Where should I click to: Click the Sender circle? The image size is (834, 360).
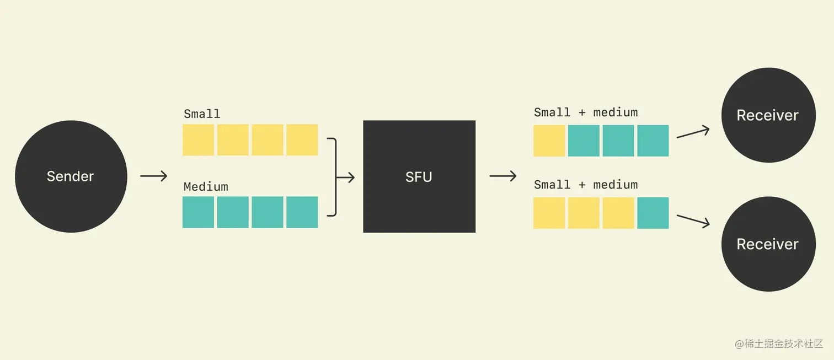(x=71, y=176)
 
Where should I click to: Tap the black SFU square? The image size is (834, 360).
(x=419, y=176)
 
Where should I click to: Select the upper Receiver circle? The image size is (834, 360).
(x=768, y=115)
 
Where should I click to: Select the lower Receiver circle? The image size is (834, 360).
(x=768, y=244)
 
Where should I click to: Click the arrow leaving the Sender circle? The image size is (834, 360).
(x=153, y=176)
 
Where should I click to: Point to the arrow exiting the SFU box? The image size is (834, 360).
(x=502, y=176)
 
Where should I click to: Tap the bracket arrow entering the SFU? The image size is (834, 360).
(x=341, y=177)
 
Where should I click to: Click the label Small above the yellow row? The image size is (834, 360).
(x=202, y=114)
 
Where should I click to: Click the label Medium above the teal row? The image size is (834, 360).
(x=206, y=186)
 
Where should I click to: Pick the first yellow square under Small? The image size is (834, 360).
(x=199, y=140)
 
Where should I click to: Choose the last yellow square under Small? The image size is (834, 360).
(x=302, y=140)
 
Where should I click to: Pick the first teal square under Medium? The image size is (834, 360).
(x=199, y=212)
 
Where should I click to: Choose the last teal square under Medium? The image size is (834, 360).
(x=302, y=212)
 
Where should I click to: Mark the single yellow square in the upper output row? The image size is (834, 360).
(x=549, y=141)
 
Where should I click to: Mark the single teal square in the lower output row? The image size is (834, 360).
(x=653, y=213)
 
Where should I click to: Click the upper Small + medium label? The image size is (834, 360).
(x=586, y=112)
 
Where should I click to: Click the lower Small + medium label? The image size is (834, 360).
(x=586, y=185)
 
